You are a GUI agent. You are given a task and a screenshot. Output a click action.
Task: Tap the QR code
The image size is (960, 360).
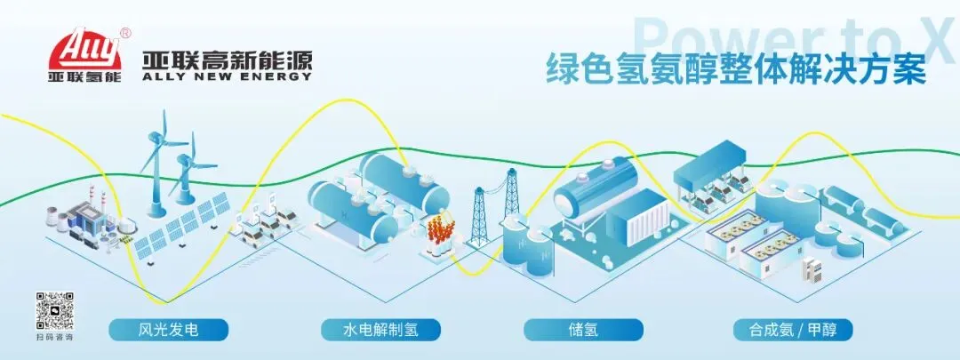[x=54, y=310]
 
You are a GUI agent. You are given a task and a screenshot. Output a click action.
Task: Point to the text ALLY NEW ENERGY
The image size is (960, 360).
[x=228, y=77]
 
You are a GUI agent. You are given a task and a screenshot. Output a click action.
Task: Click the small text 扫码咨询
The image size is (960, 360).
[x=54, y=339]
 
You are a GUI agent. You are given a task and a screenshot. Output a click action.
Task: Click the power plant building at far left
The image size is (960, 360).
[x=89, y=213]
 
